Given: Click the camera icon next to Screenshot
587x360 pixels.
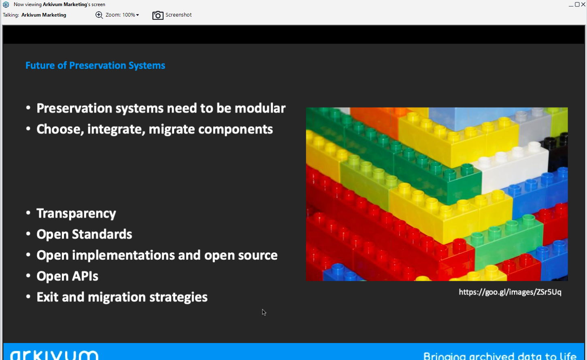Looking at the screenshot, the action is click(158, 15).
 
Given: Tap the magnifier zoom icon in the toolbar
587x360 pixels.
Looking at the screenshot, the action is click(99, 15).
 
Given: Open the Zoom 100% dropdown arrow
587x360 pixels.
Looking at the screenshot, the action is click(137, 15).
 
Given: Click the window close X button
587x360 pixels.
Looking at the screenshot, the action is click(583, 4).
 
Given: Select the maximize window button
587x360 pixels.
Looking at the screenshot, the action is click(577, 4).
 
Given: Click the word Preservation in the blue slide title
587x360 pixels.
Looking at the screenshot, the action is click(98, 66).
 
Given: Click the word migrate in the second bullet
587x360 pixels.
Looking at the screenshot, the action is click(172, 129).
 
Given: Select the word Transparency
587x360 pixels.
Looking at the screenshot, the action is click(76, 214).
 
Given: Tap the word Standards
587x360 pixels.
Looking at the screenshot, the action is click(102, 234).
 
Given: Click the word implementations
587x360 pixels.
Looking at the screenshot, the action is click(123, 255).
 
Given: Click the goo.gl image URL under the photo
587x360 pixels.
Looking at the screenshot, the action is click(510, 292).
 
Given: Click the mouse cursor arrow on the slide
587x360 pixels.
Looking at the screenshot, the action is click(264, 312).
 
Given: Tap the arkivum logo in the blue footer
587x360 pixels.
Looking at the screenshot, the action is click(54, 355).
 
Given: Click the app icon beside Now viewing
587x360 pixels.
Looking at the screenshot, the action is click(6, 4).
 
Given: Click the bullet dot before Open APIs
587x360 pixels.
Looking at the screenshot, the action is click(28, 275).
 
